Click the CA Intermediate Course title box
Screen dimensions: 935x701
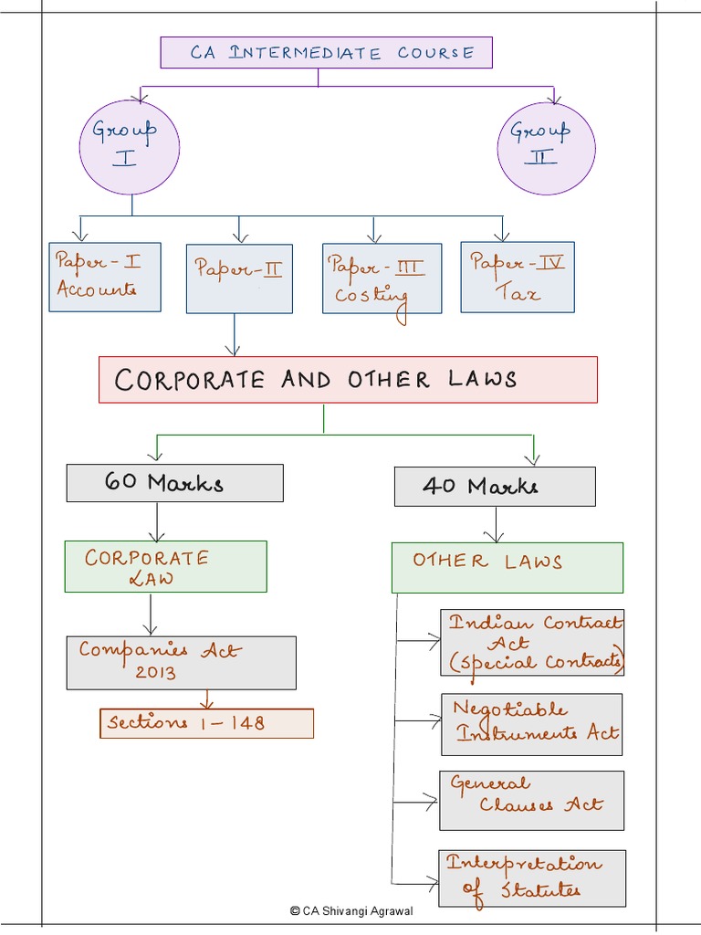point(326,52)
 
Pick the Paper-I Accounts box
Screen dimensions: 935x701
point(104,277)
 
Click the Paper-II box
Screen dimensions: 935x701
point(239,278)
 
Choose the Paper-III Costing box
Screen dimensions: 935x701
point(382,278)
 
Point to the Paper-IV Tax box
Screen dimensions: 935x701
point(518,277)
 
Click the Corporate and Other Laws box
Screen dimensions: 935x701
point(348,380)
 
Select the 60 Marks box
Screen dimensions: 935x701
point(174,483)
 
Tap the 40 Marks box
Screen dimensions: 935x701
point(494,487)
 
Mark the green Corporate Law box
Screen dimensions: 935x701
point(165,566)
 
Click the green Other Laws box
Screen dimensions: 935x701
point(507,567)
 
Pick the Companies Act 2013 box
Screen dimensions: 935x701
point(181,662)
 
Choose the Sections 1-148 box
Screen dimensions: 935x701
point(206,723)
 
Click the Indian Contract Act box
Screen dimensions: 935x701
point(532,643)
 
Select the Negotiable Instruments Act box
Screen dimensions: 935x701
point(531,724)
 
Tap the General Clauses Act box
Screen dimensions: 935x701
point(531,800)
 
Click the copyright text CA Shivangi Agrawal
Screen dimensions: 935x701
point(350,910)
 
